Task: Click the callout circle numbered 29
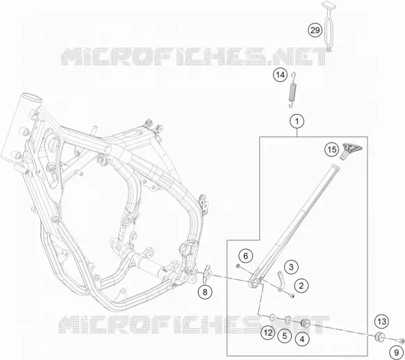pyautogui.click(x=315, y=31)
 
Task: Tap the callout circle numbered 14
pyautogui.click(x=280, y=75)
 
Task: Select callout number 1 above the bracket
pyautogui.click(x=297, y=121)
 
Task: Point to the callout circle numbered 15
pyautogui.click(x=332, y=149)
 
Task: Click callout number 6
pyautogui.click(x=245, y=256)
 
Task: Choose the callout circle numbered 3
pyautogui.click(x=291, y=267)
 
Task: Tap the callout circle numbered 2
pyautogui.click(x=301, y=286)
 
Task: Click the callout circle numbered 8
pyautogui.click(x=205, y=292)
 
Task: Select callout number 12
pyautogui.click(x=268, y=333)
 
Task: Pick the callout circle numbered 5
pyautogui.click(x=284, y=336)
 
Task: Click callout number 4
pyautogui.click(x=302, y=339)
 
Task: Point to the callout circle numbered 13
pyautogui.click(x=382, y=322)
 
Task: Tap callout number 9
pyautogui.click(x=397, y=352)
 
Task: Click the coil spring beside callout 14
pyautogui.click(x=292, y=90)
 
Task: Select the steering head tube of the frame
pyautogui.click(x=20, y=128)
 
